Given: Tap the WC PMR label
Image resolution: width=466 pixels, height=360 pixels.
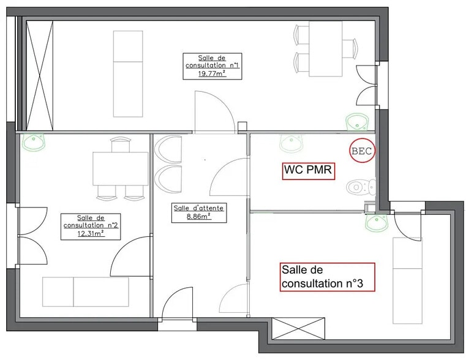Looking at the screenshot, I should tap(308, 170).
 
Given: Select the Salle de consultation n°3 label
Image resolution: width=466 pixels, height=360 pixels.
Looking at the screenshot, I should tap(326, 276).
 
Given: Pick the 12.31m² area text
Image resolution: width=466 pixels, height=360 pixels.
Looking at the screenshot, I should tap(91, 233).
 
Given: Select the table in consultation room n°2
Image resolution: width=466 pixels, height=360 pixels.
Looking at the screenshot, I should tap(119, 168).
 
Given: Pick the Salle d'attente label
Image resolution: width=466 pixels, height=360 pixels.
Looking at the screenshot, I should tap(199, 208).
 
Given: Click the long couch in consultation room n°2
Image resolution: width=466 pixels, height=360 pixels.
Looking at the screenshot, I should tap(86, 291).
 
